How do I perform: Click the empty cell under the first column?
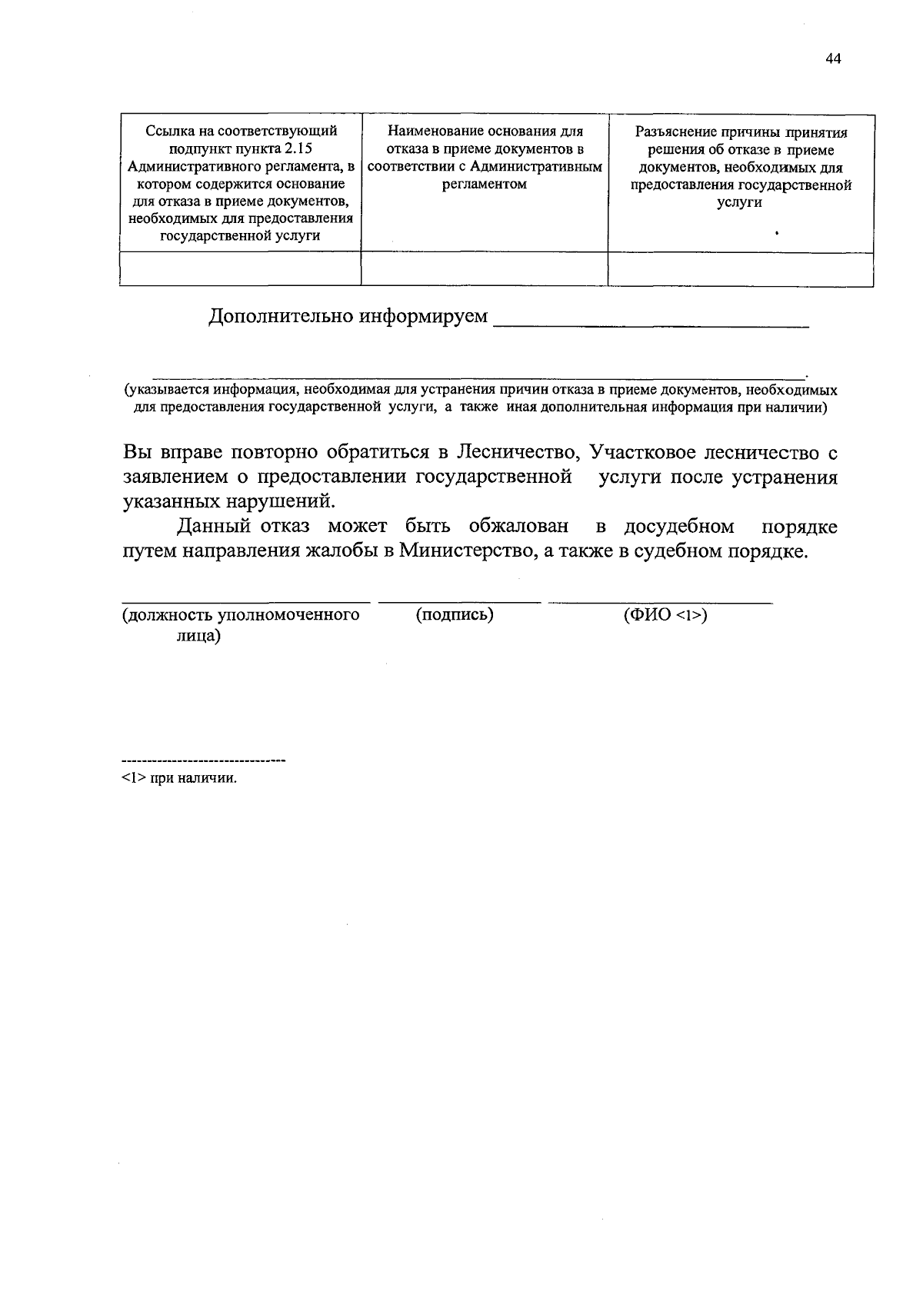tap(240, 269)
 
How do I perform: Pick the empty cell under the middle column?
tap(484, 269)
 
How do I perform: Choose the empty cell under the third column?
tap(740, 269)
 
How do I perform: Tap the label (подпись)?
tap(455, 615)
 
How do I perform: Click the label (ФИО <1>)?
tap(665, 615)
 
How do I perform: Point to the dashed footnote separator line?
tap(204, 761)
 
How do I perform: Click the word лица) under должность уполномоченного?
tap(198, 636)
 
